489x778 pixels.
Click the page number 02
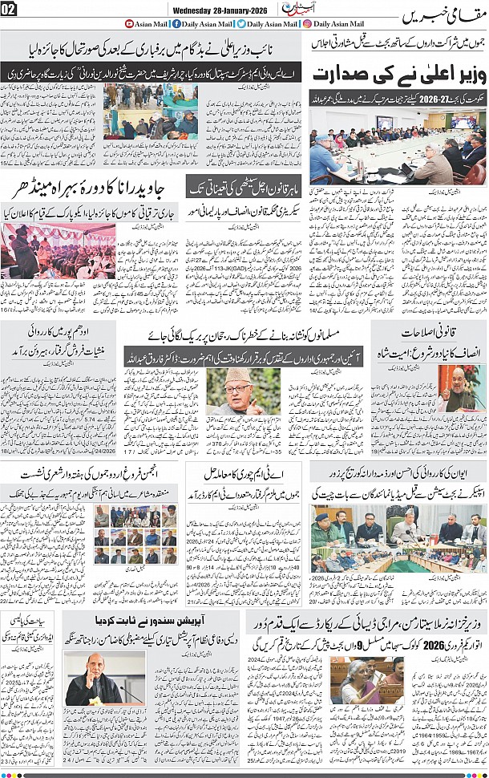[10, 9]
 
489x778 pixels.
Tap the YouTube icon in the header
[130, 24]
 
